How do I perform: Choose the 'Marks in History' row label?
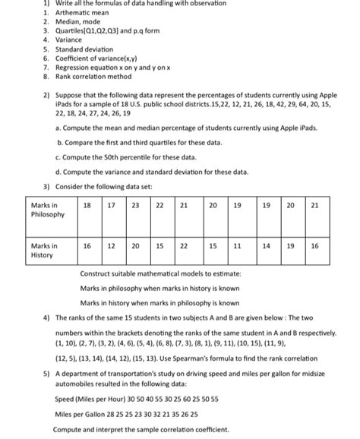[44, 251]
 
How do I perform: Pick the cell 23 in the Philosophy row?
[135, 205]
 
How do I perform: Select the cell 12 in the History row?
[112, 246]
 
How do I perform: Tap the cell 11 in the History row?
[237, 246]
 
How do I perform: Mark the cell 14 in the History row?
[267, 246]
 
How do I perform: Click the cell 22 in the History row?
[184, 246]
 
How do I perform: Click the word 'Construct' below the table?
[96, 273]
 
